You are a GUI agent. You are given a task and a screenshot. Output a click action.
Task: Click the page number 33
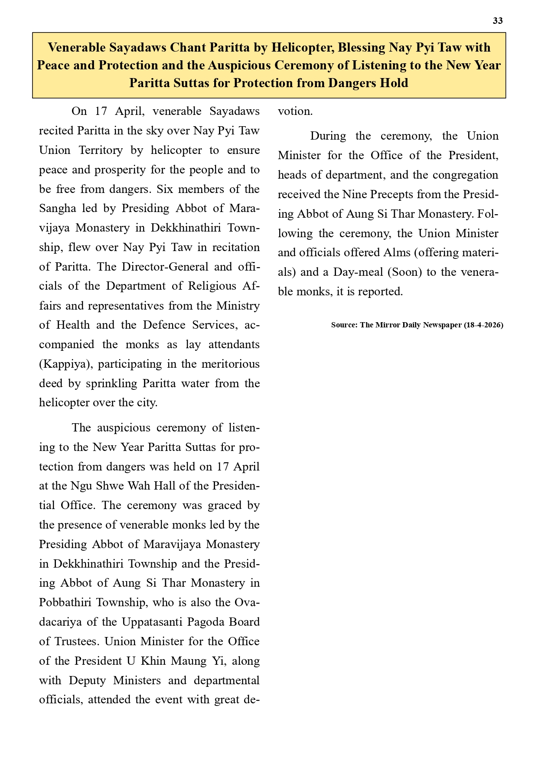[498, 21]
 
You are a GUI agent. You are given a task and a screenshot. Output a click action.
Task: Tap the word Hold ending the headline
[394, 83]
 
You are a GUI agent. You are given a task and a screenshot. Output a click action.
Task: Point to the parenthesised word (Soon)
[404, 272]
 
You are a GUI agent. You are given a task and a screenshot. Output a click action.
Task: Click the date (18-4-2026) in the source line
[483, 325]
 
